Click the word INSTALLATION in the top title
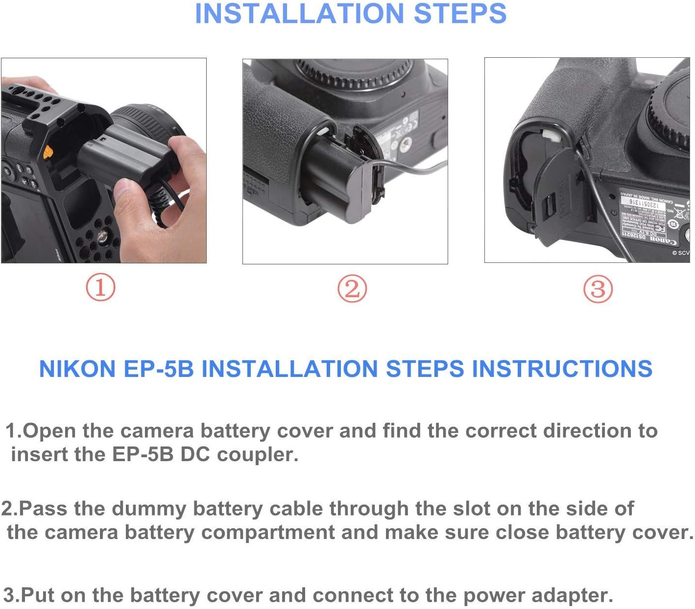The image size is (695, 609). (x=300, y=14)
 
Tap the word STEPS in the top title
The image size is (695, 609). (x=459, y=14)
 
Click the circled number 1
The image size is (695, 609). (x=100, y=287)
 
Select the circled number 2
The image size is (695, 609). (x=352, y=288)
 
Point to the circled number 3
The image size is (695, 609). (x=598, y=288)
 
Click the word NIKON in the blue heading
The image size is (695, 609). (x=77, y=369)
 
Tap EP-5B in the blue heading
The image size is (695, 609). (x=159, y=369)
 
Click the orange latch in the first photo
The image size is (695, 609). (x=48, y=152)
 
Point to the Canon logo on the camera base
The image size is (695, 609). (x=663, y=240)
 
